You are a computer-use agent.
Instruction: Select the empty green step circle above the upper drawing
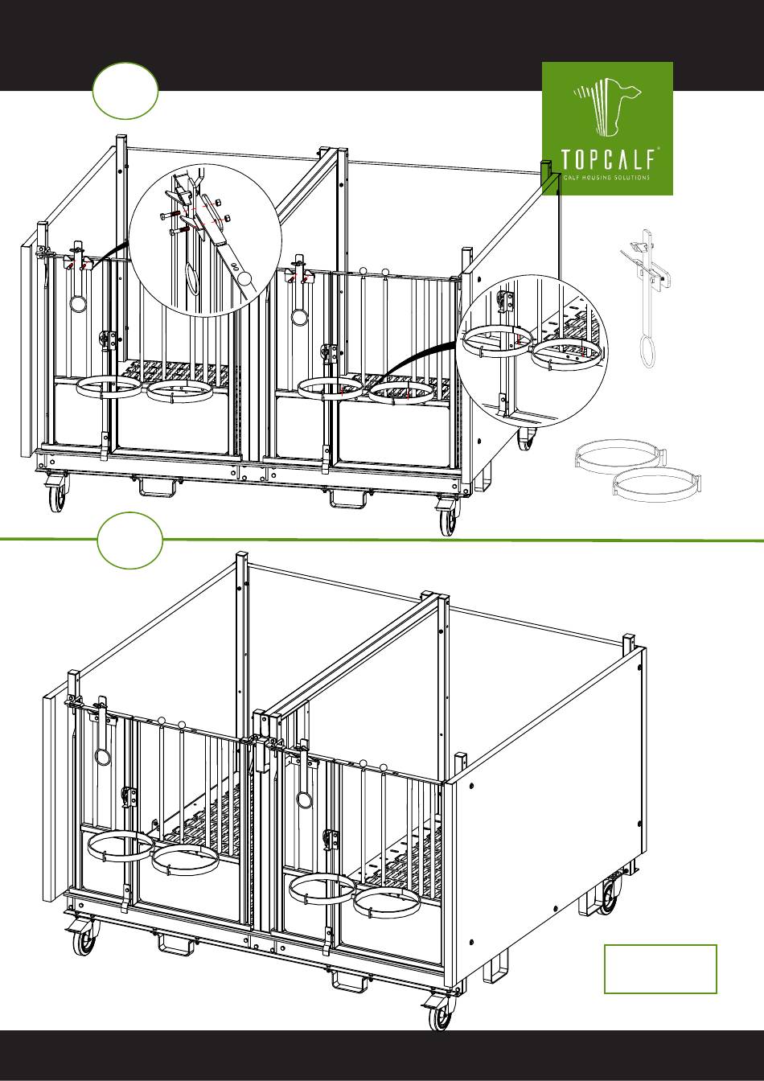tap(125, 91)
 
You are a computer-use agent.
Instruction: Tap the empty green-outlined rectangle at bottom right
tap(660, 968)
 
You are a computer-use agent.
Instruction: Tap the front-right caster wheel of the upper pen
tap(447, 521)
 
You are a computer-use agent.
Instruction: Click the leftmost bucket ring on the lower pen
tap(121, 847)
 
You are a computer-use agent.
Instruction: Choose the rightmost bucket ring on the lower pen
tap(386, 901)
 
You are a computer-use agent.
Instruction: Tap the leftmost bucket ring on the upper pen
tap(108, 388)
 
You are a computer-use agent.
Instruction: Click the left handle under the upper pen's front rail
tap(157, 487)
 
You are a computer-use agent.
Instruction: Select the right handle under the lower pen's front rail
tap(348, 980)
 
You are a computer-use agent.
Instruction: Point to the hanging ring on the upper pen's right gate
tap(299, 316)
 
